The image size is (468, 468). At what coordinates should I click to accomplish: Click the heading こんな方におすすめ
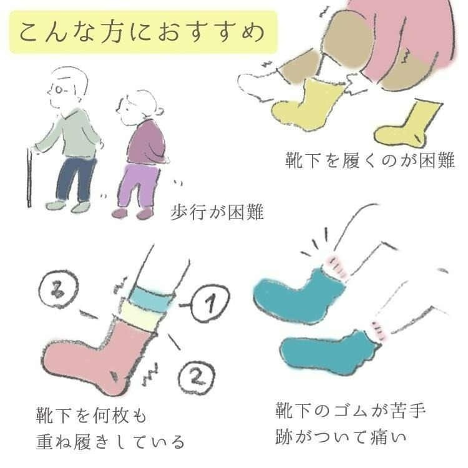(x=142, y=32)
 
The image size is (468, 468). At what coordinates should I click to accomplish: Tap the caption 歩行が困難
(x=217, y=212)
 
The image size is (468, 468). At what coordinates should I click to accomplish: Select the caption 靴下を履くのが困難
(x=371, y=160)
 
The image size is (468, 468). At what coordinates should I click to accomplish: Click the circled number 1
(x=210, y=303)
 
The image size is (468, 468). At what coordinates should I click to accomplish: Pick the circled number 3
(x=58, y=289)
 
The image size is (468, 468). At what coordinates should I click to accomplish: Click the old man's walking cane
(x=29, y=178)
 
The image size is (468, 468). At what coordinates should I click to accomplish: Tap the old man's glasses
(x=59, y=89)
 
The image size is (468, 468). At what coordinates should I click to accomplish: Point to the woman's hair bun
(x=159, y=111)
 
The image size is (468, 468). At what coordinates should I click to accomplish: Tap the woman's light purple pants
(x=138, y=185)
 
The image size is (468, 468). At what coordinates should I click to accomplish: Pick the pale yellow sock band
(x=142, y=318)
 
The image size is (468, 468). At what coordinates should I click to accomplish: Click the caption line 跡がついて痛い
(x=341, y=437)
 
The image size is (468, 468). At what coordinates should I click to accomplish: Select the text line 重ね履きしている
(x=110, y=442)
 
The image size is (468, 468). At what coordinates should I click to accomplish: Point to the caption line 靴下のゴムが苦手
(x=351, y=410)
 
